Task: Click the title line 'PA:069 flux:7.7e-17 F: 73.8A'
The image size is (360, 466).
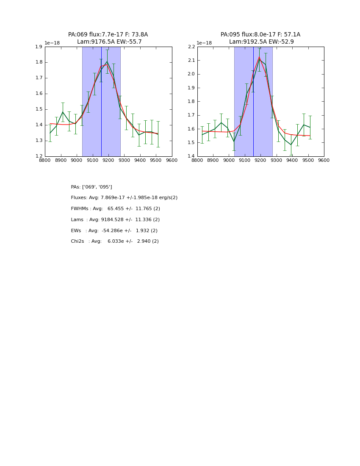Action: pyautogui.click(x=108, y=35)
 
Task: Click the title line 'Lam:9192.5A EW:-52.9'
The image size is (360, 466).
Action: pyautogui.click(x=261, y=42)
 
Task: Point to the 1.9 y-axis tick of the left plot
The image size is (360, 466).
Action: pyautogui.click(x=39, y=47)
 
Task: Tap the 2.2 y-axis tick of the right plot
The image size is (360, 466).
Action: pyautogui.click(x=191, y=47)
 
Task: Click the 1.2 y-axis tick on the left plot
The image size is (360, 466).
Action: pyautogui.click(x=39, y=156)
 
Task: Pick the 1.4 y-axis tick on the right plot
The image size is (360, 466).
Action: pyautogui.click(x=191, y=156)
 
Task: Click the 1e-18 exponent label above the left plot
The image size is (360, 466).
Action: pyautogui.click(x=52, y=43)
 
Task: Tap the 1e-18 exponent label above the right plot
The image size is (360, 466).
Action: pyautogui.click(x=204, y=43)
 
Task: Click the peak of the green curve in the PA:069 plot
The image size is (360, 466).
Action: pyautogui.click(x=107, y=62)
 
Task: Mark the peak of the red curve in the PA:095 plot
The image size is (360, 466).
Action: pyautogui.click(x=259, y=57)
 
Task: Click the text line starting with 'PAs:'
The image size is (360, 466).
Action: pyautogui.click(x=91, y=187)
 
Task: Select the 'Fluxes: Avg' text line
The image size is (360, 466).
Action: pyautogui.click(x=124, y=198)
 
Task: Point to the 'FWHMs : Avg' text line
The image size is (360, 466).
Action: pyautogui.click(x=115, y=209)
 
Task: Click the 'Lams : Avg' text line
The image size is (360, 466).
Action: pyautogui.click(x=115, y=220)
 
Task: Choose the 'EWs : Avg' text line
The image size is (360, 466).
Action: pyautogui.click(x=114, y=230)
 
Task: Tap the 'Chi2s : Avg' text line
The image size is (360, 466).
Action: pyautogui.click(x=115, y=241)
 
